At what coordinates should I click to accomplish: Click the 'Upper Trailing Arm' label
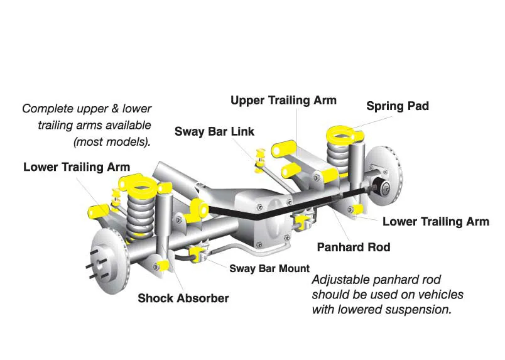click(x=283, y=101)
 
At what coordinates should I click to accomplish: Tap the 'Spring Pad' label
click(x=398, y=106)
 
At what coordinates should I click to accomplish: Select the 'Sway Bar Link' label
click(x=214, y=131)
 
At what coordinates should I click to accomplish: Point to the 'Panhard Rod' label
click(x=353, y=247)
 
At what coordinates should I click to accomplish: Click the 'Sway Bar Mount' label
click(x=269, y=268)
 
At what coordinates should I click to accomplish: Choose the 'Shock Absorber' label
click(x=183, y=298)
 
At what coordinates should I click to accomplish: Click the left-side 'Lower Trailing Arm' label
click(x=77, y=167)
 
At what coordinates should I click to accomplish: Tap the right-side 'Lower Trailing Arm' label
click(x=435, y=221)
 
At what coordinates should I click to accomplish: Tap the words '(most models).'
click(x=112, y=141)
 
